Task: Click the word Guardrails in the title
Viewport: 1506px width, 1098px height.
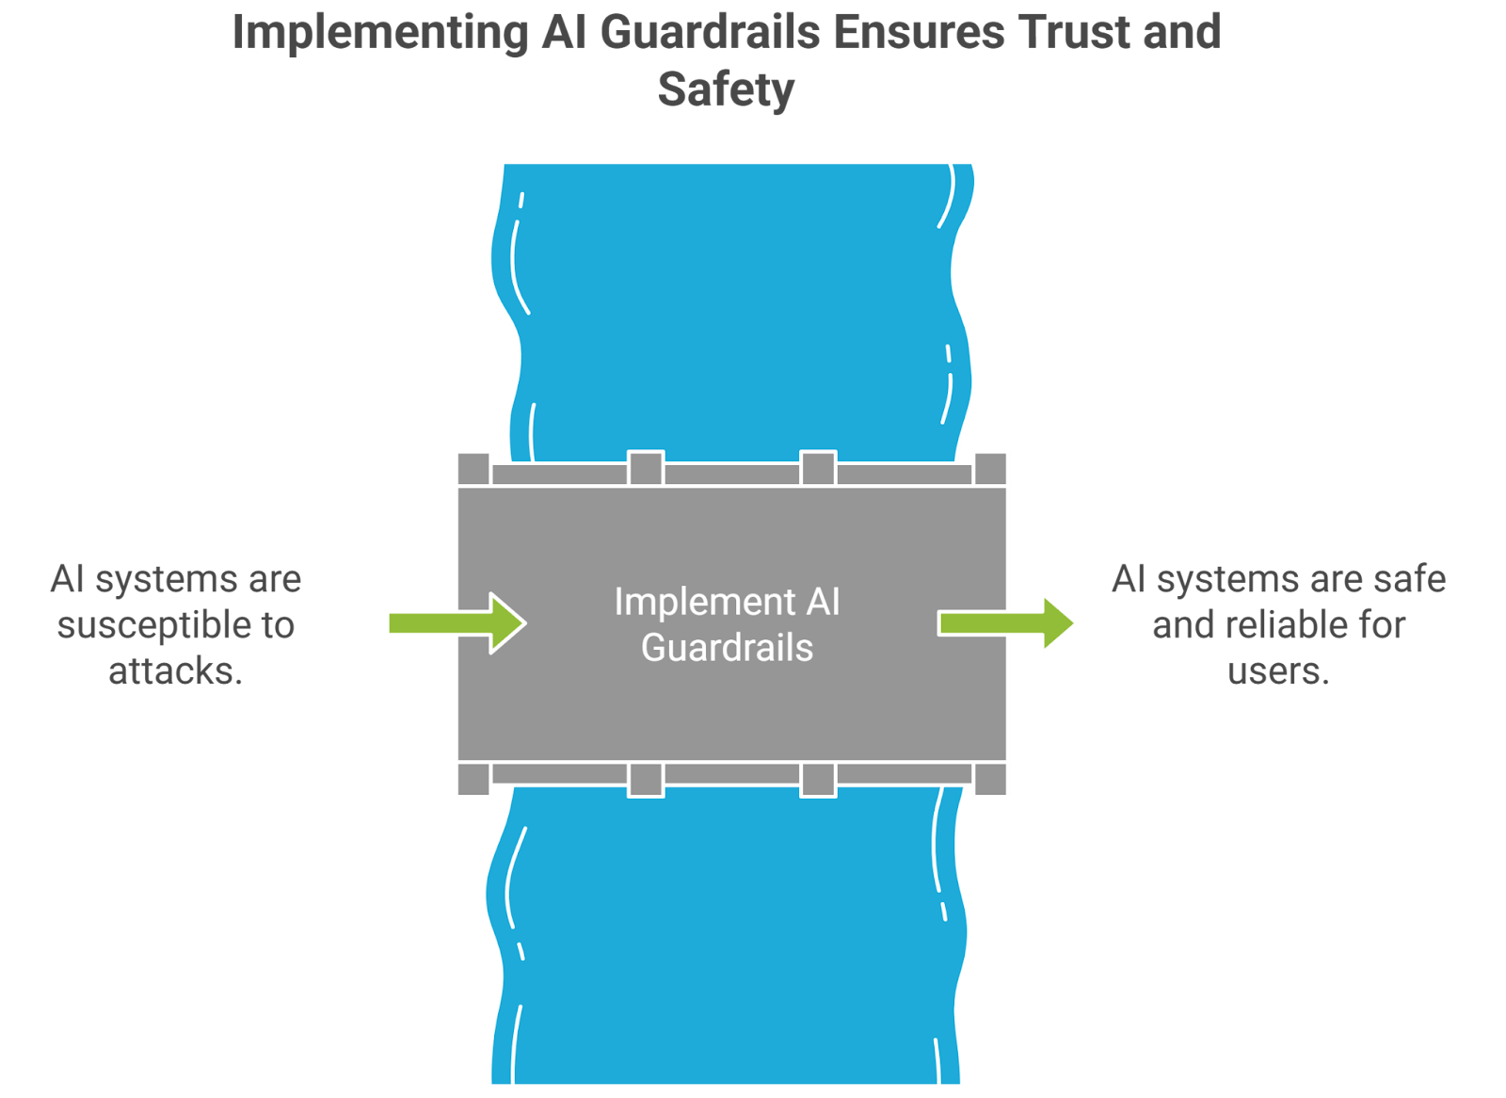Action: coord(710,33)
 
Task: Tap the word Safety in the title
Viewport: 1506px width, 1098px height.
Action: coord(726,90)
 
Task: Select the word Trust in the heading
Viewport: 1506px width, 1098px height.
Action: coord(1074,33)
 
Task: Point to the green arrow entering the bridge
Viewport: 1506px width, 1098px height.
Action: coord(457,622)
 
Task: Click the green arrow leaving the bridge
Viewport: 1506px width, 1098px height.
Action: coord(1008,622)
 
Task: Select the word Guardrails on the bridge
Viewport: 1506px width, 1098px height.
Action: coord(727,648)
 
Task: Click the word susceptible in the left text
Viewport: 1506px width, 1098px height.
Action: coord(155,626)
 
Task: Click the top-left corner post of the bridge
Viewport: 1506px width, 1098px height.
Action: coord(473,468)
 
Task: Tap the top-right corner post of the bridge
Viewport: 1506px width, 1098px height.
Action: coord(990,468)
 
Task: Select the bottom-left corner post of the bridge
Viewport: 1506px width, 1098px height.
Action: coord(473,780)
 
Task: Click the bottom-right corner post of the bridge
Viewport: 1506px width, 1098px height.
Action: coord(990,780)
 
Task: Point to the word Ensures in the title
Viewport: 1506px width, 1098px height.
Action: coord(921,33)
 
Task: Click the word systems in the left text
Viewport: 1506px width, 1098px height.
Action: coord(166,580)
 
